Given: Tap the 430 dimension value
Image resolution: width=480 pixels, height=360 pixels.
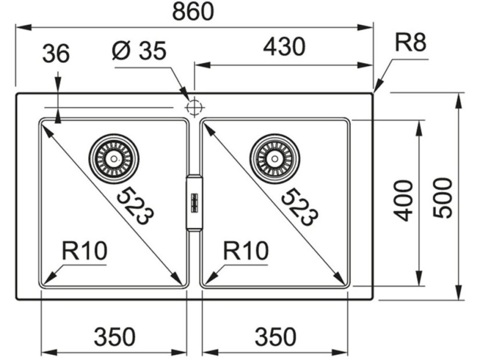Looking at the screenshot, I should (284, 47).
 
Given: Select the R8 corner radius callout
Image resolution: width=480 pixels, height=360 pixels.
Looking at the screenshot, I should (411, 43).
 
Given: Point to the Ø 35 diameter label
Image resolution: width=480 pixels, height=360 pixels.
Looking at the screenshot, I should (139, 51).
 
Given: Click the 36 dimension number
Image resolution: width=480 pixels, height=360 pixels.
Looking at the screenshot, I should (56, 55).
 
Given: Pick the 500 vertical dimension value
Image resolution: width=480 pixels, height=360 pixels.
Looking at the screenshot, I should (443, 197).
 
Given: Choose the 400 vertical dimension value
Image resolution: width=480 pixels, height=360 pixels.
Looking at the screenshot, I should (403, 200).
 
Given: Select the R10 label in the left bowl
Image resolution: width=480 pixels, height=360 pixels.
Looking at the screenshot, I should (85, 251).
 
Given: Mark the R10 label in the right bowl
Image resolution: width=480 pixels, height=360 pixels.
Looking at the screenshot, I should (246, 251).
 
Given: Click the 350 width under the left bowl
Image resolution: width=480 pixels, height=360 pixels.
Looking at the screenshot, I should (114, 336).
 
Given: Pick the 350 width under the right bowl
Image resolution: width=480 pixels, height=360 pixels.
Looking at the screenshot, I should (275, 336).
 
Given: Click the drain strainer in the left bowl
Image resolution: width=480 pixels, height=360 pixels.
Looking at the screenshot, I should (114, 158).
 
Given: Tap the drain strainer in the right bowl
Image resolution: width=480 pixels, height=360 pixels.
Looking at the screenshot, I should (275, 158).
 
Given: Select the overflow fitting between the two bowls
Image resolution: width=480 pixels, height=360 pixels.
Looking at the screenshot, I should (194, 200).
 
